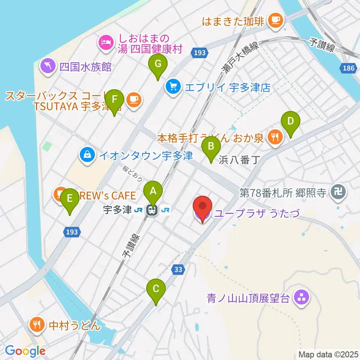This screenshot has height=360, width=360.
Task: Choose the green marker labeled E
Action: coord(69,198)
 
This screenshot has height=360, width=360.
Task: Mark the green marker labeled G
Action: coord(158,64)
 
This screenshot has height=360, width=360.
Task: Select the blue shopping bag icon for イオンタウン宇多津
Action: coord(87,154)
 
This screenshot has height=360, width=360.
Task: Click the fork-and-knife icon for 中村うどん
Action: coord(37,324)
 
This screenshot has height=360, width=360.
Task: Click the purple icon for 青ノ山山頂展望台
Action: coord(302,298)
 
